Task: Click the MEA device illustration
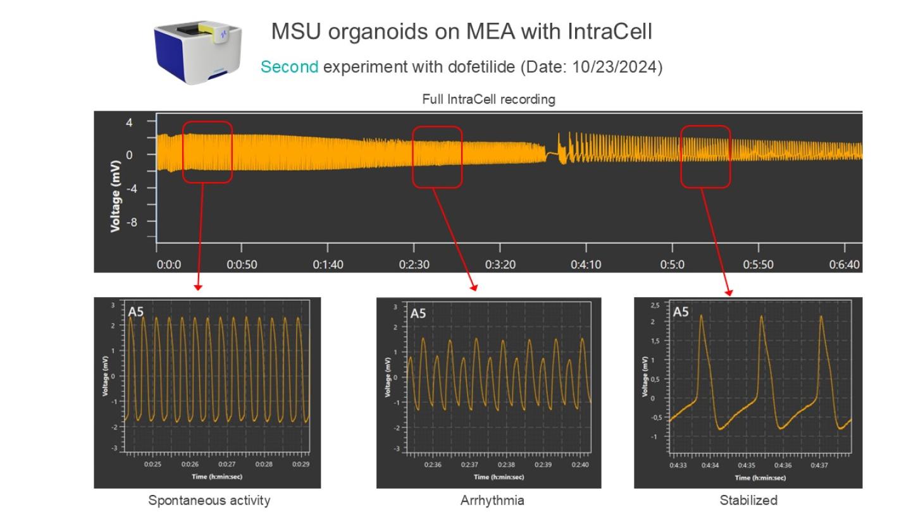coord(197,52)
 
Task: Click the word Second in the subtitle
coord(289,67)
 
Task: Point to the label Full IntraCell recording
coord(488,99)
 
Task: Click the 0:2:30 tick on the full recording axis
coord(414,264)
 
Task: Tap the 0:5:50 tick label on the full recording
coord(758,264)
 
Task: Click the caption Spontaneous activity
coord(209,501)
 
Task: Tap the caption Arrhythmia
coord(492,501)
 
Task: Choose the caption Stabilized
coord(748,501)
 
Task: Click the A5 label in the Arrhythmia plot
coord(418,313)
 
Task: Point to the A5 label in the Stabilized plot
coord(681,312)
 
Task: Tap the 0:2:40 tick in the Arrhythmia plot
coord(580,465)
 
